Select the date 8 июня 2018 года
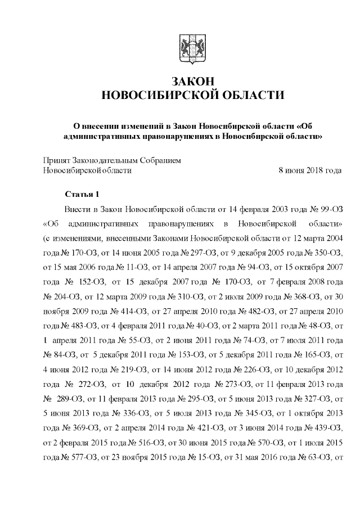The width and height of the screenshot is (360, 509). point(310,170)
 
